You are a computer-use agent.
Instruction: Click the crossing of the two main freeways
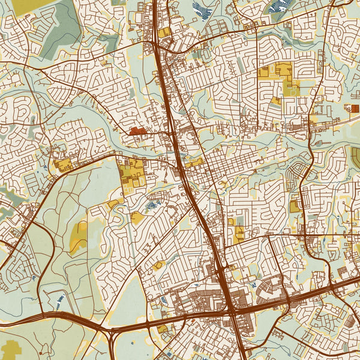[x=231, y=311]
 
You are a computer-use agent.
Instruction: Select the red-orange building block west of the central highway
[x=137, y=130]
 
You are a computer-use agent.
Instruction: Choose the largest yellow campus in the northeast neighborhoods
[x=282, y=78]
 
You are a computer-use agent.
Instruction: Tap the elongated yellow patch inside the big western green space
[x=79, y=237]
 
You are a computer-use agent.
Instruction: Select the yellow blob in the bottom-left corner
[x=12, y=349]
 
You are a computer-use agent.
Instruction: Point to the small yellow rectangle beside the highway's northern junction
[x=164, y=32]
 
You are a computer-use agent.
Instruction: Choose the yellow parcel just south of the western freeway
[x=163, y=329]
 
